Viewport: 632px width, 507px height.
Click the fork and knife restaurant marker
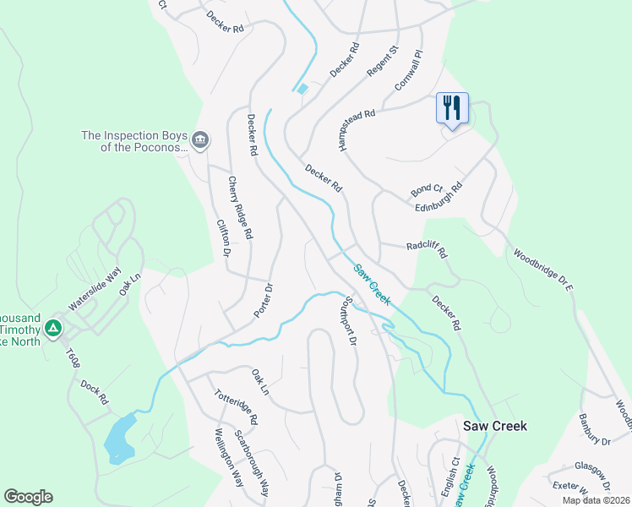pos(452,108)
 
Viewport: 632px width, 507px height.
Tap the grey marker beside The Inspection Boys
pos(200,140)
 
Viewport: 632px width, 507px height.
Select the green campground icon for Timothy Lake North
pos(52,326)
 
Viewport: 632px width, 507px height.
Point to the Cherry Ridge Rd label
pos(239,207)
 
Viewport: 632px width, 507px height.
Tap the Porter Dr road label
pos(264,301)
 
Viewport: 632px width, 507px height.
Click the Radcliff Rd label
pos(426,247)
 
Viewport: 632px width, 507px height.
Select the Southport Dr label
pos(349,320)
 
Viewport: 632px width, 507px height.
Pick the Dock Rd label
pos(95,390)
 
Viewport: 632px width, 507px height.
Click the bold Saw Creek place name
pos(495,426)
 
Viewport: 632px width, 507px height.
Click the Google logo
pos(28,497)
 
